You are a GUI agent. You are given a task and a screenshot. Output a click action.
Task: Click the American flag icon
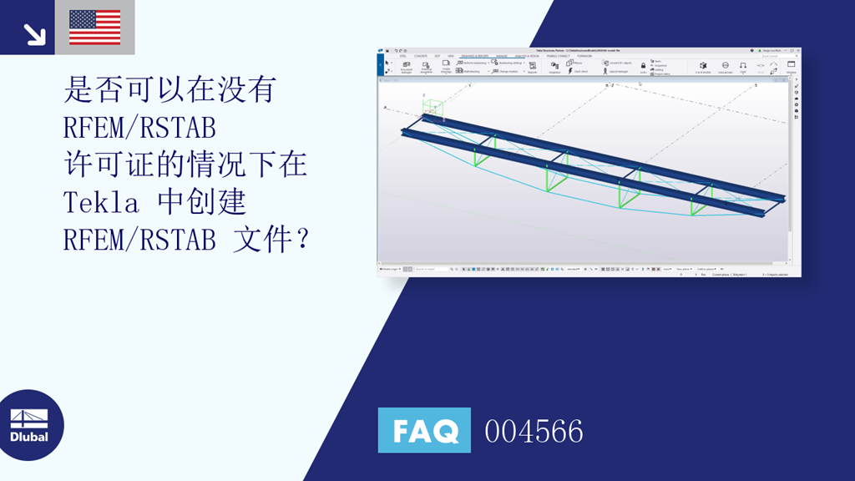pos(94,27)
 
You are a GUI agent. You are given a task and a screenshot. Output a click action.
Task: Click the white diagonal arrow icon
pos(34,33)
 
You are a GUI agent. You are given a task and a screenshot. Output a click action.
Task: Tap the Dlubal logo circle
pos(31,426)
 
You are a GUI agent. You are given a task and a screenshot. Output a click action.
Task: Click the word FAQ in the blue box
pos(424,431)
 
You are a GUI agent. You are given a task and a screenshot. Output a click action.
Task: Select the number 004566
pos(534,432)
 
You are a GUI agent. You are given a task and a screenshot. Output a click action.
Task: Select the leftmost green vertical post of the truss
pos(475,156)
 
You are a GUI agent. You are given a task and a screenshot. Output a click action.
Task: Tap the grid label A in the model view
pos(385,109)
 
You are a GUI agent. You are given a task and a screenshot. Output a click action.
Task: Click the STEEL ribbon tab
pos(402,56)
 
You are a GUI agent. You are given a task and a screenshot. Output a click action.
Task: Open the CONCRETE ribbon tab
pos(421,56)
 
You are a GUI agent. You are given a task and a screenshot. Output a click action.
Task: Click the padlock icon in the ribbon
pos(643,65)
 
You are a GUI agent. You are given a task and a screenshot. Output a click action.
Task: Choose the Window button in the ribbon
pos(791,66)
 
